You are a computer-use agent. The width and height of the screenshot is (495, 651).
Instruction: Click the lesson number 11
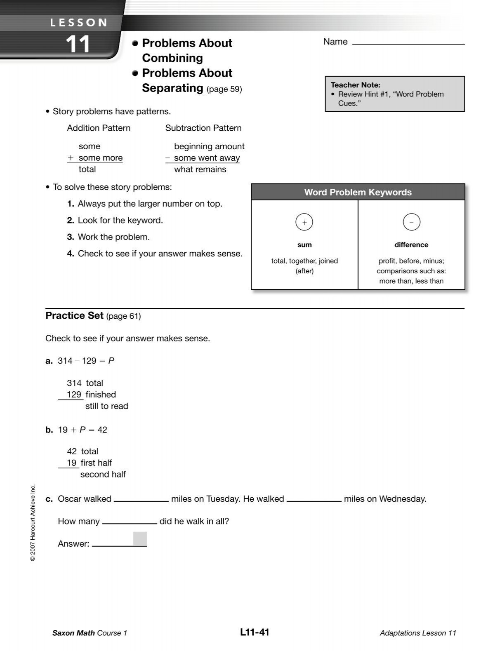coord(78,44)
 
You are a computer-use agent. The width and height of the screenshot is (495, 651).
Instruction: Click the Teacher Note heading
coord(355,85)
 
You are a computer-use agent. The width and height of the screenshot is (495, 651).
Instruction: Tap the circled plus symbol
coord(304,222)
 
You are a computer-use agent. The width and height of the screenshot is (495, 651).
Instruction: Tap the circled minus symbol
coord(411,222)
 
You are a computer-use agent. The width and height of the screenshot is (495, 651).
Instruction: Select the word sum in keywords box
coord(304,245)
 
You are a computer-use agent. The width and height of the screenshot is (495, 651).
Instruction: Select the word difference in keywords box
coord(411,245)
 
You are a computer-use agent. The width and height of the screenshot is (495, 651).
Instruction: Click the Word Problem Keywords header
coord(358,192)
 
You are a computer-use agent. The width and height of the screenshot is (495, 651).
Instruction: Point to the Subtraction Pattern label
coord(203,128)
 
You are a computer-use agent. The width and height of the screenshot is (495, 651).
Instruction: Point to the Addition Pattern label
coord(99,128)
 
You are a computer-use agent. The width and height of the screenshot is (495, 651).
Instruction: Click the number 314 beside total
coord(74,383)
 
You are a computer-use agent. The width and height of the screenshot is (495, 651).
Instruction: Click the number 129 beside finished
coord(74,395)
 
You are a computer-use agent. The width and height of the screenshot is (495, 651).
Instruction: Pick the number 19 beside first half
coord(72,463)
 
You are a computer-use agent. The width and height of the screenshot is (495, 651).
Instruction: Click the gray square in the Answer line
coord(140,539)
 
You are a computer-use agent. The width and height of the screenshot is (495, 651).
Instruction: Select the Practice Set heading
coord(74,316)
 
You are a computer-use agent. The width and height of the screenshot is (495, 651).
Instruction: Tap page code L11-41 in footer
coord(254,632)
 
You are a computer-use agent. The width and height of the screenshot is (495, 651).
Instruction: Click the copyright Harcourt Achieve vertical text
coord(33,522)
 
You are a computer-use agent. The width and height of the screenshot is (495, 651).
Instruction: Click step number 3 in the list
coord(71,237)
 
